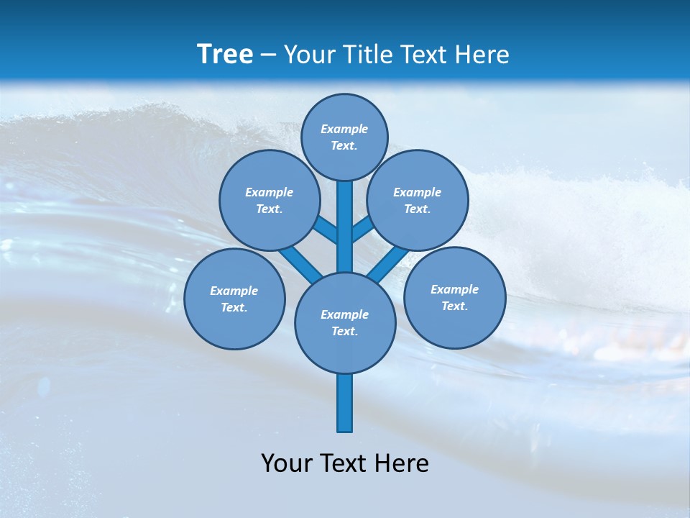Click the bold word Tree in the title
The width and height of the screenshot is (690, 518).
click(x=225, y=54)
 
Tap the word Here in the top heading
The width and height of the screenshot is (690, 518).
click(x=482, y=54)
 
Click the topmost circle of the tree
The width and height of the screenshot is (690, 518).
click(x=344, y=137)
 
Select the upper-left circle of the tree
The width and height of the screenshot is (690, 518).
click(x=270, y=200)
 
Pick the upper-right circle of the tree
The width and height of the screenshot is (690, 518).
click(x=418, y=200)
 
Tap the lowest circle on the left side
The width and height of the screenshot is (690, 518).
click(x=234, y=299)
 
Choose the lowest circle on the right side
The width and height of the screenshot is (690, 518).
click(x=455, y=297)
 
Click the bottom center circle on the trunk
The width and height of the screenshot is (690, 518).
click(x=345, y=322)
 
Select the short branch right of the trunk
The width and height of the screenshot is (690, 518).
click(x=362, y=230)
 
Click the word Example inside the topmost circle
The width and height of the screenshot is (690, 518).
click(x=344, y=129)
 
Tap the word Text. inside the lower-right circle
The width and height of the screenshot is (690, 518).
click(x=455, y=306)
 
